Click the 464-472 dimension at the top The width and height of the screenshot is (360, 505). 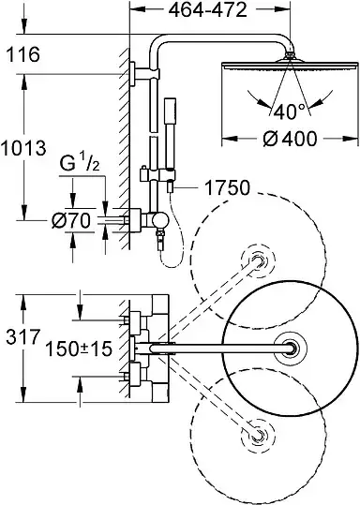coord(208,10)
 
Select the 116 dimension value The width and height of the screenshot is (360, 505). coord(22,54)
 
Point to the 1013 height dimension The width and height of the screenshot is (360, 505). coord(22,148)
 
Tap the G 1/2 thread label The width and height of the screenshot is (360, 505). coord(80,164)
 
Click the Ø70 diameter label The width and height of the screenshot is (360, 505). coord(71,220)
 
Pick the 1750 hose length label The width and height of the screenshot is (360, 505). coord(227,187)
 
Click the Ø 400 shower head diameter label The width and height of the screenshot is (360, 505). coord(290,139)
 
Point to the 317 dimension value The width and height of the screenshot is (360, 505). coord(22,337)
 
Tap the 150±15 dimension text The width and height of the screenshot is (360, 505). coord(79,349)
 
